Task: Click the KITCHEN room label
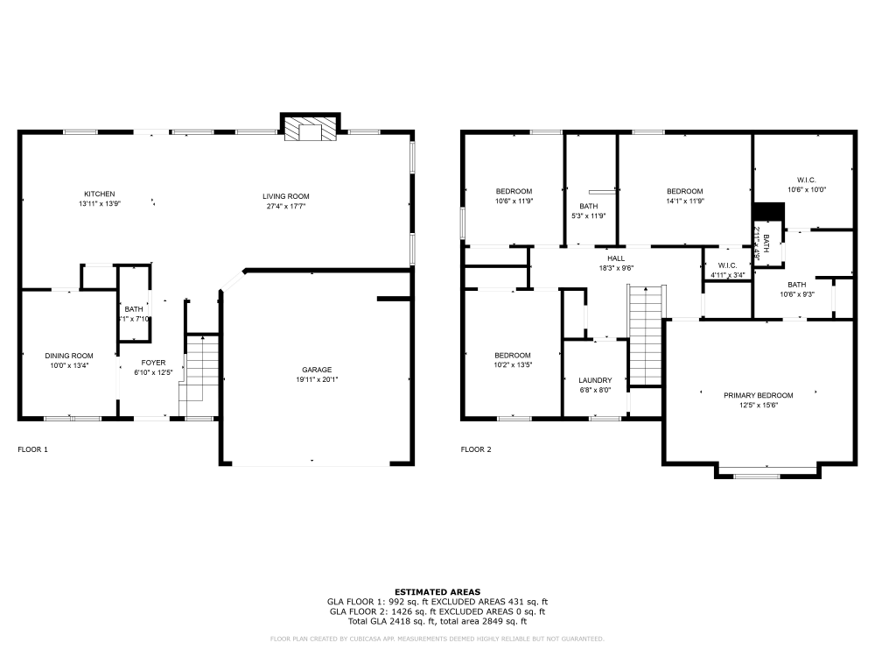(99, 194)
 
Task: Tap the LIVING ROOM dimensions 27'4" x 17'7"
(286, 207)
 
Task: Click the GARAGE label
(317, 369)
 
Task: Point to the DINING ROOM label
(69, 355)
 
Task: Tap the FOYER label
(154, 361)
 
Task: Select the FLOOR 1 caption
(33, 449)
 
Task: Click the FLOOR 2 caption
(476, 449)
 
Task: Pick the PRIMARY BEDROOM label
(758, 395)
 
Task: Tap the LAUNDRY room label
(595, 380)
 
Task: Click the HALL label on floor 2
(617, 258)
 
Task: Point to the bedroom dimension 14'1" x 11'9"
(684, 201)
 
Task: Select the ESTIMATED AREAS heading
(437, 592)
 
